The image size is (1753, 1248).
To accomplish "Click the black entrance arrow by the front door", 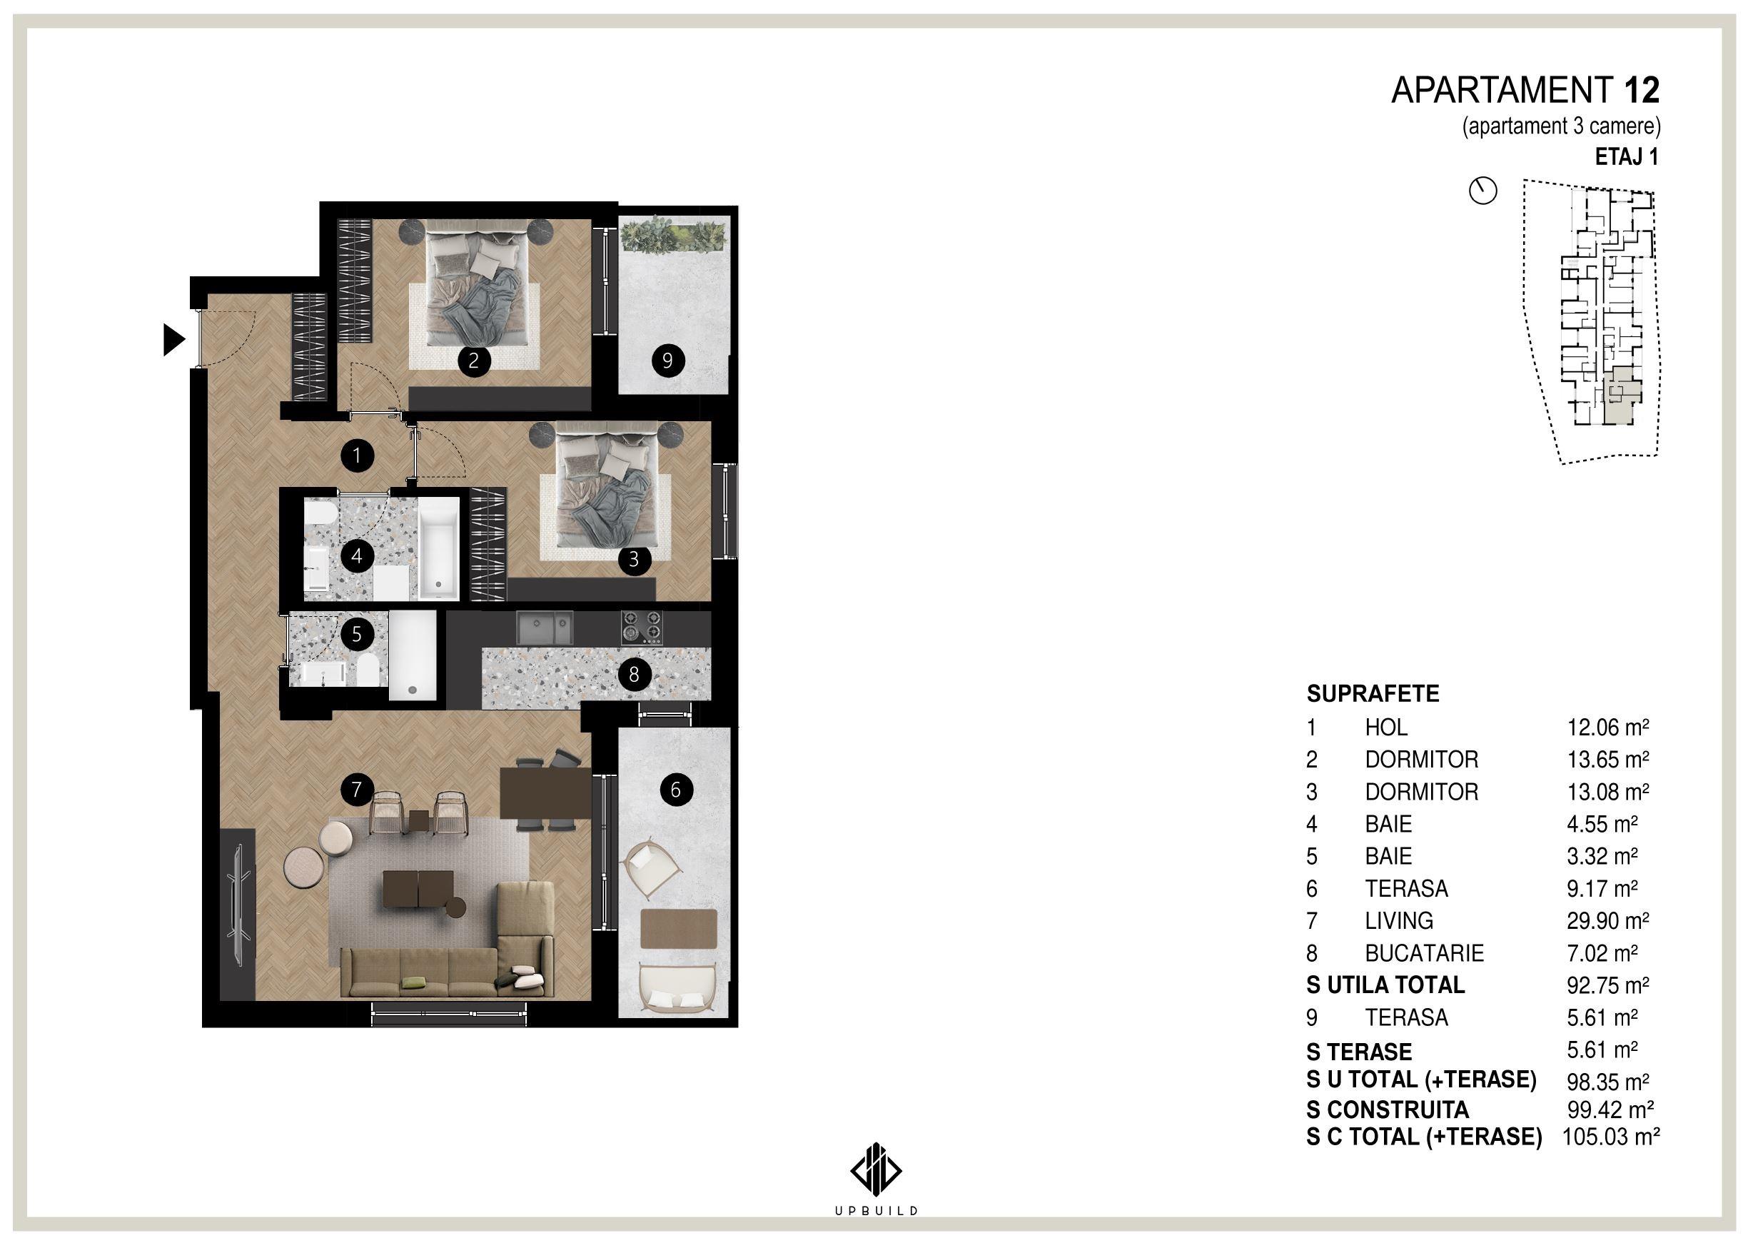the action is pos(173,339).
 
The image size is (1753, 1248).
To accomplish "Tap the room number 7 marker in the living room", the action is pos(356,789).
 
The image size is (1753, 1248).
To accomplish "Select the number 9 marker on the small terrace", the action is pos(667,360).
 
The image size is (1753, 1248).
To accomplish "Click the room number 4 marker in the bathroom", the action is pos(356,555).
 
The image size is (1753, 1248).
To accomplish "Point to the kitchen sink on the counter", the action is pos(545,628).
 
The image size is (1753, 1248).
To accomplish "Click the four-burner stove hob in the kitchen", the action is pos(642,627).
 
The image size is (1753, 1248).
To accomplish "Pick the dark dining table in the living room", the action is pos(545,792).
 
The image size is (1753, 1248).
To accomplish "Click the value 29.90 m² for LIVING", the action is pos(1608,920).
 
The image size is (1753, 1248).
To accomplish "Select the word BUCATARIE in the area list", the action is pos(1424,953).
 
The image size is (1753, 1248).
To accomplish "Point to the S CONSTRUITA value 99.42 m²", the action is pos(1610,1109).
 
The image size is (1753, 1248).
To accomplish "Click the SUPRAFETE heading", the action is pos(1373,694).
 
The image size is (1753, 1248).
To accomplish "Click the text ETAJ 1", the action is pos(1627,157).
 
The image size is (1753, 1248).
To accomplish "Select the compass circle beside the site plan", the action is pos(1482,191).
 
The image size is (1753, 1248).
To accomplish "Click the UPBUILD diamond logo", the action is pos(876,1170).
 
